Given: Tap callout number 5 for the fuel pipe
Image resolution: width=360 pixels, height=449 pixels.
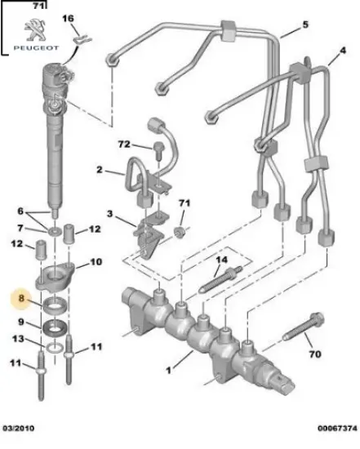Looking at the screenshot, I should pos(306,24).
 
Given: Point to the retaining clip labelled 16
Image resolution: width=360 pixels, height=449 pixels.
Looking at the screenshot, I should pos(80,37).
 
